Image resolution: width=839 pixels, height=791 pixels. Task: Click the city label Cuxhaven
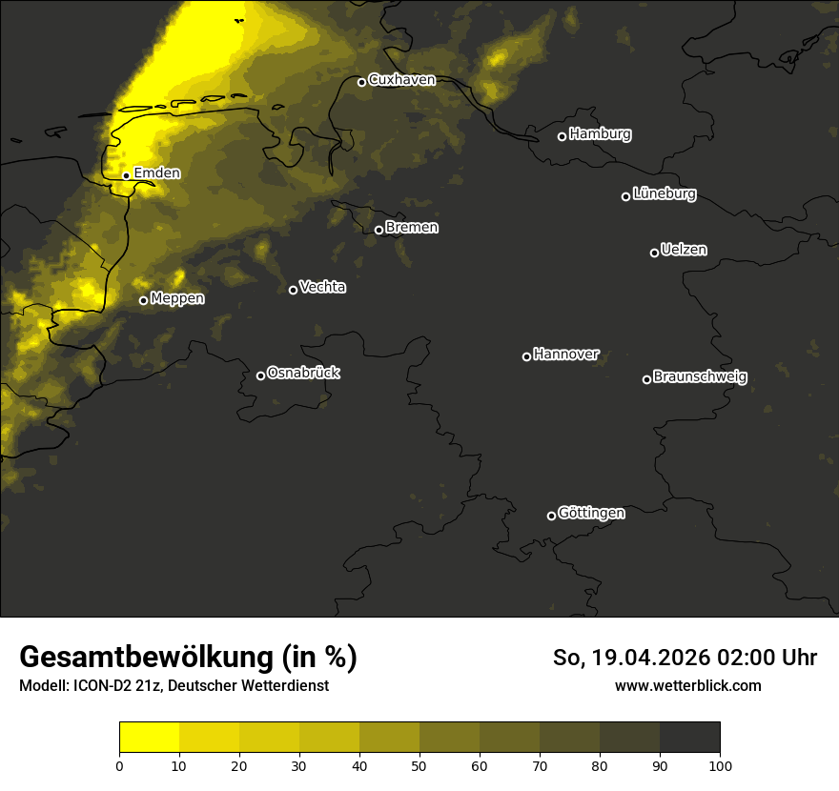[x=401, y=80]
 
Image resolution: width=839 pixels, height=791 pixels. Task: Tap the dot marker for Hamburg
[x=562, y=136]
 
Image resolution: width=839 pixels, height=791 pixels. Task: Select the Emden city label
[x=156, y=173]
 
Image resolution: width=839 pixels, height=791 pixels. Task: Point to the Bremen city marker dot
[x=379, y=230]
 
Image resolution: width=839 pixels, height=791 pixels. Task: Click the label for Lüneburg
[x=664, y=194]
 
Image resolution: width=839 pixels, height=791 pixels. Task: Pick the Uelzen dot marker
[x=654, y=253]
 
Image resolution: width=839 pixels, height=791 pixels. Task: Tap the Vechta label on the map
[x=322, y=287]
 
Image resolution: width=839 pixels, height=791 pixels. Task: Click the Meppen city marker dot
[x=143, y=300]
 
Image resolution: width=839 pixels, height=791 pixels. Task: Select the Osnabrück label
[x=303, y=373]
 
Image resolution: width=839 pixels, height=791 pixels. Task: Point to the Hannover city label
[x=566, y=355]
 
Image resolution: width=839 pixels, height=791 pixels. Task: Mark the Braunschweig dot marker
[x=646, y=379]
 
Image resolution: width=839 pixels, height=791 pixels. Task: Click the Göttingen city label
[x=591, y=514]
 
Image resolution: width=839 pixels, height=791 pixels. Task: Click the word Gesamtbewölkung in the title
[x=145, y=658]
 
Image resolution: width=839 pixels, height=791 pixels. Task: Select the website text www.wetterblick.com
[x=687, y=685]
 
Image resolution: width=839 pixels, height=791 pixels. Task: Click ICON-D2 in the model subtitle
[x=104, y=686]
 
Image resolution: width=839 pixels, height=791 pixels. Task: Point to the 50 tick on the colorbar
[x=419, y=764]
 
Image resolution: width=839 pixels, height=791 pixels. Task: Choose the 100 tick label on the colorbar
[x=720, y=764]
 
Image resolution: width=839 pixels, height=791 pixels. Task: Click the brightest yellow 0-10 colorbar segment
[x=149, y=738]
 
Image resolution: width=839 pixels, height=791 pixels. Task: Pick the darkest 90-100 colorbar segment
[x=689, y=738]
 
